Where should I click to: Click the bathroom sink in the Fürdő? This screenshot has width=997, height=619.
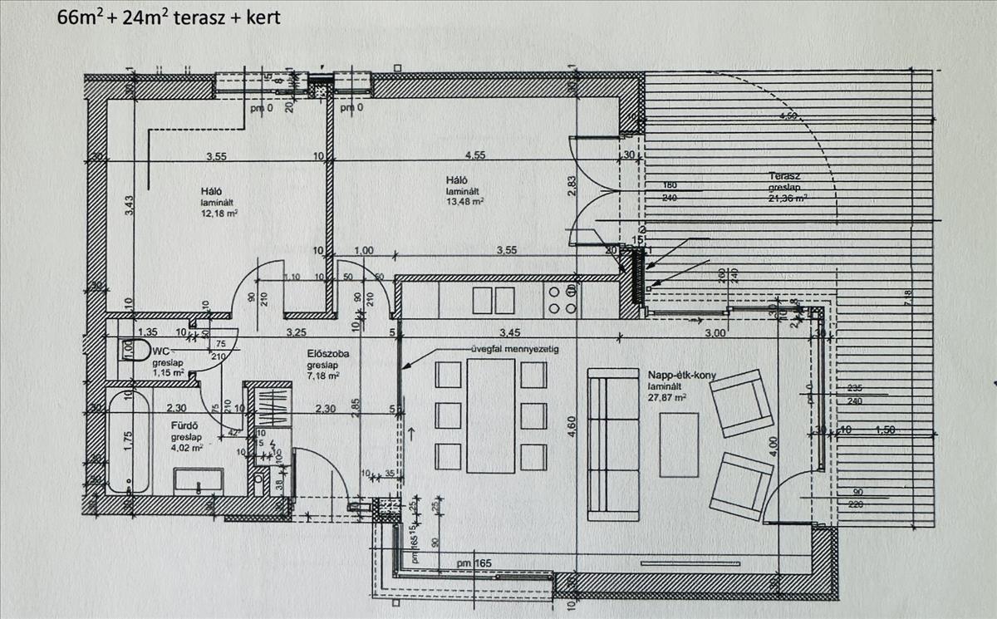pyautogui.click(x=198, y=480)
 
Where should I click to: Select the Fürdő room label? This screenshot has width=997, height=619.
pyautogui.click(x=183, y=425)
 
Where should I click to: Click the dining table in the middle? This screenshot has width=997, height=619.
pyautogui.click(x=492, y=415)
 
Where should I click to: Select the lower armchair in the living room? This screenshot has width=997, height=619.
pyautogui.click(x=740, y=486)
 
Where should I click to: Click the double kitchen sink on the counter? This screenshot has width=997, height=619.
pyautogui.click(x=494, y=299)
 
